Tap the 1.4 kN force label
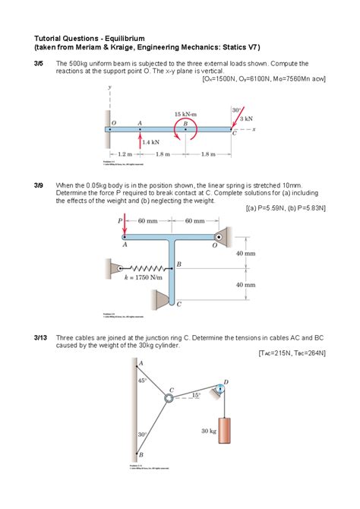pos(150,141)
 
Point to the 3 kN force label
pos(246,119)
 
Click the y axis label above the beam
pos(109,89)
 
